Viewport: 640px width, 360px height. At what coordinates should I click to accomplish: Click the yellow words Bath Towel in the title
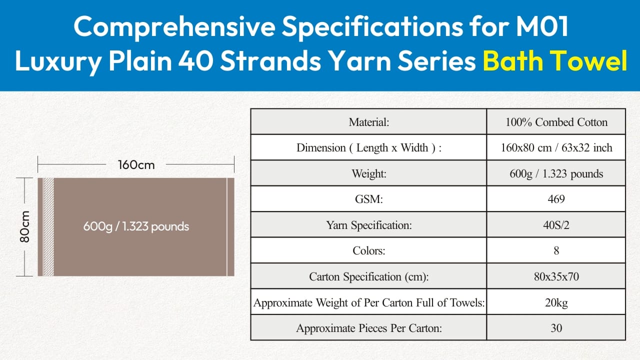tap(555, 60)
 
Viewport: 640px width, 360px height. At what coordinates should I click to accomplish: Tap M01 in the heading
tap(542, 26)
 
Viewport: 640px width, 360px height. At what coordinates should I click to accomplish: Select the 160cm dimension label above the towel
tap(136, 165)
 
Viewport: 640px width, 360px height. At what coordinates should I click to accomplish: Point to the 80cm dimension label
tap(25, 226)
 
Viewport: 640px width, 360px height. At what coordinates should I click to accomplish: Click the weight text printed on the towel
tap(136, 226)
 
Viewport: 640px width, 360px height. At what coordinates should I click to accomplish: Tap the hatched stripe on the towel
tap(48, 227)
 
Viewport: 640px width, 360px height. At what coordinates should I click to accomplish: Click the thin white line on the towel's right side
tap(227, 227)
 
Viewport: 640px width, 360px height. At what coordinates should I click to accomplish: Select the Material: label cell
tap(368, 122)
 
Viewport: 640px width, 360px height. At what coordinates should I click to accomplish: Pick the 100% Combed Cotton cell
tap(556, 122)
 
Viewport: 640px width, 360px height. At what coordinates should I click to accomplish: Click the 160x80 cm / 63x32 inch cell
tap(556, 147)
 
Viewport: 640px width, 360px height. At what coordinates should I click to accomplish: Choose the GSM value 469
tap(556, 199)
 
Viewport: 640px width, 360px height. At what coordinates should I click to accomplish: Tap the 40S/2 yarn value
tap(556, 225)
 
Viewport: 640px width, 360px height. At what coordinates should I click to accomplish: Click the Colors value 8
tap(556, 250)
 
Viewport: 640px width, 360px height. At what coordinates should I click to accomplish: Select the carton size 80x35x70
tap(556, 276)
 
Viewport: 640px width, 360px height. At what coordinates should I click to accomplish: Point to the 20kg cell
tap(556, 302)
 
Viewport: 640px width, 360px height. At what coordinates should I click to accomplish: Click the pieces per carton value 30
tap(556, 328)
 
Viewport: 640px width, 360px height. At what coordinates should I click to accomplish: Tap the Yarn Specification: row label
tap(368, 225)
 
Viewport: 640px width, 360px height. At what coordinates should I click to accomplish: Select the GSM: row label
tap(368, 199)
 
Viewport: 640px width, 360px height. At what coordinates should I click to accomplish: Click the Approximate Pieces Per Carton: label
tap(368, 328)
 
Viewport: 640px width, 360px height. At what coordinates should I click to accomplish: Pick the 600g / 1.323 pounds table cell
tap(556, 173)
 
